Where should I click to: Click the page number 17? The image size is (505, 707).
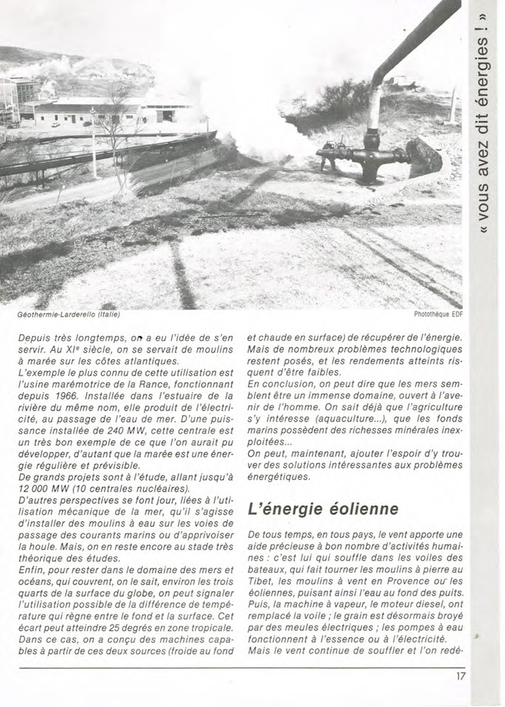pyautogui.click(x=460, y=676)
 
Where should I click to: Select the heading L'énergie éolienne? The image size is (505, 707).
pyautogui.click(x=323, y=509)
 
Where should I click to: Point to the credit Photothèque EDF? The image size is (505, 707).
pyautogui.click(x=438, y=315)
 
